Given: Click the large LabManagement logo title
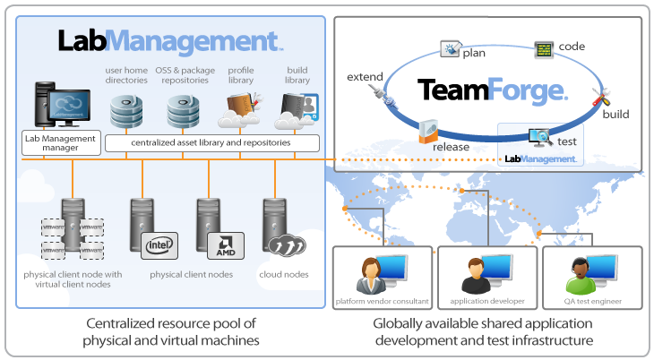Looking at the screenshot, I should [x=170, y=41].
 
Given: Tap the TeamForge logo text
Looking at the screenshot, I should [x=492, y=90].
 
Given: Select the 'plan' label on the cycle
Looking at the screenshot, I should [x=474, y=53].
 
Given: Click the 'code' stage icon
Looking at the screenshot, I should [x=544, y=48].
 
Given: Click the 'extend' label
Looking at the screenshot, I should [x=364, y=78].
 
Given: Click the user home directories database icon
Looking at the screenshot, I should [x=126, y=111].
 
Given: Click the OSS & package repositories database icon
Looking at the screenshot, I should [x=184, y=111].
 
